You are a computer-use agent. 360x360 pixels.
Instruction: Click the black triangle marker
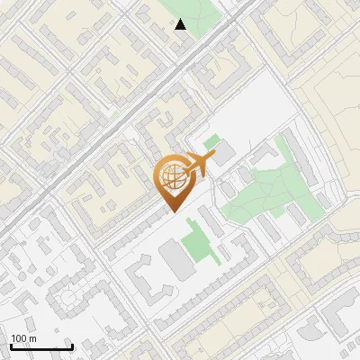(181, 24)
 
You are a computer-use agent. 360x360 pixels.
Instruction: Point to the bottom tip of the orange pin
(171, 212)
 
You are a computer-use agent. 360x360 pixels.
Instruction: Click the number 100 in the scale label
(20, 339)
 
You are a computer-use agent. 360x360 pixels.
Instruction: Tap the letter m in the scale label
(34, 339)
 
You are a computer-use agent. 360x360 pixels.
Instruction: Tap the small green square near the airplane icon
(211, 142)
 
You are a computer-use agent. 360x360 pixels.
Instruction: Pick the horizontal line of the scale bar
(40, 346)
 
